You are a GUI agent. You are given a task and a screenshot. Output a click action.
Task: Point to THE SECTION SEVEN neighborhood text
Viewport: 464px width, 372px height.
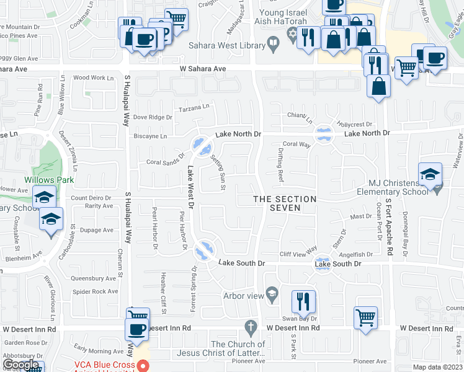[285, 203]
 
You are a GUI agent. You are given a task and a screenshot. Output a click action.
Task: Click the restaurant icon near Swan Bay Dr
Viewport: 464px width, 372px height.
[303, 302]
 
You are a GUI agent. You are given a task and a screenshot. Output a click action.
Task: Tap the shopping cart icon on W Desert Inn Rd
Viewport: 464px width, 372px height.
[365, 317]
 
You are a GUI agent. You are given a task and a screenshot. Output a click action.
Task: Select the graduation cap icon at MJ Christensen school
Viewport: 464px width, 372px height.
[430, 174]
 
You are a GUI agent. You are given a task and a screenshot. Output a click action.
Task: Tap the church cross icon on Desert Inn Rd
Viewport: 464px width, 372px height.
[251, 326]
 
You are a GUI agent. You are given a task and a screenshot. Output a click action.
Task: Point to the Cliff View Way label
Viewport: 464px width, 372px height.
[298, 254]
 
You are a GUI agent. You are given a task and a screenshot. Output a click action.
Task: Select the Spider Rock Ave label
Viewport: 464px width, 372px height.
[95, 291]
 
